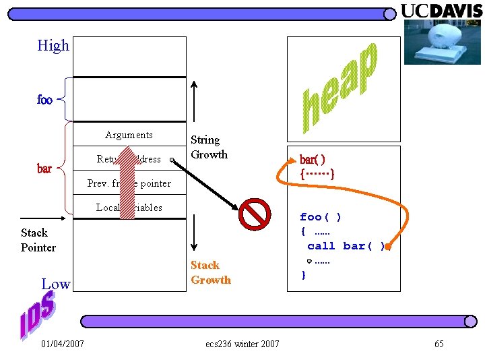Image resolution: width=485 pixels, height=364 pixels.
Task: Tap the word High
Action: coord(53,46)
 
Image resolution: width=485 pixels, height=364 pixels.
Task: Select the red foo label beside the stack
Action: coord(44,100)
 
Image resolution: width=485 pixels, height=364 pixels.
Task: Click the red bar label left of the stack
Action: coord(44,169)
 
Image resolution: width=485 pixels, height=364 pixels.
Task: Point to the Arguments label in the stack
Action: coord(129,135)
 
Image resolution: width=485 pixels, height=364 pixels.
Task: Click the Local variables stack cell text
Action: coord(129,208)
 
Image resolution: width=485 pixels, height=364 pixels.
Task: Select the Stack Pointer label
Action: coord(38,240)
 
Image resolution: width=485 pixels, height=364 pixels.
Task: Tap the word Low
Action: coord(55,284)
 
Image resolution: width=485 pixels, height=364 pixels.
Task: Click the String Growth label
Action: coord(209,147)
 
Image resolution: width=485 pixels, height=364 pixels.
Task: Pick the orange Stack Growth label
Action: coord(210,272)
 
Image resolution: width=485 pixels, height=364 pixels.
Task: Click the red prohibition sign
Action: coord(255,214)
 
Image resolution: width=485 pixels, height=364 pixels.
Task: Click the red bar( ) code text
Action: coord(313,160)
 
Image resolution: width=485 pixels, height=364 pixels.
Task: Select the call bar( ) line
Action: coord(346,246)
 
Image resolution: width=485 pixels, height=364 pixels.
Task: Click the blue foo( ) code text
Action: coord(321,216)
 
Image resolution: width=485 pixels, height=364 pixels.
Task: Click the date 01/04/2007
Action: coord(63,344)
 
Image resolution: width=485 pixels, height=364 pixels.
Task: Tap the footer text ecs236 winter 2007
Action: coord(243,344)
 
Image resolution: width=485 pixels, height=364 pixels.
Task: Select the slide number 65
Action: coord(439,344)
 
